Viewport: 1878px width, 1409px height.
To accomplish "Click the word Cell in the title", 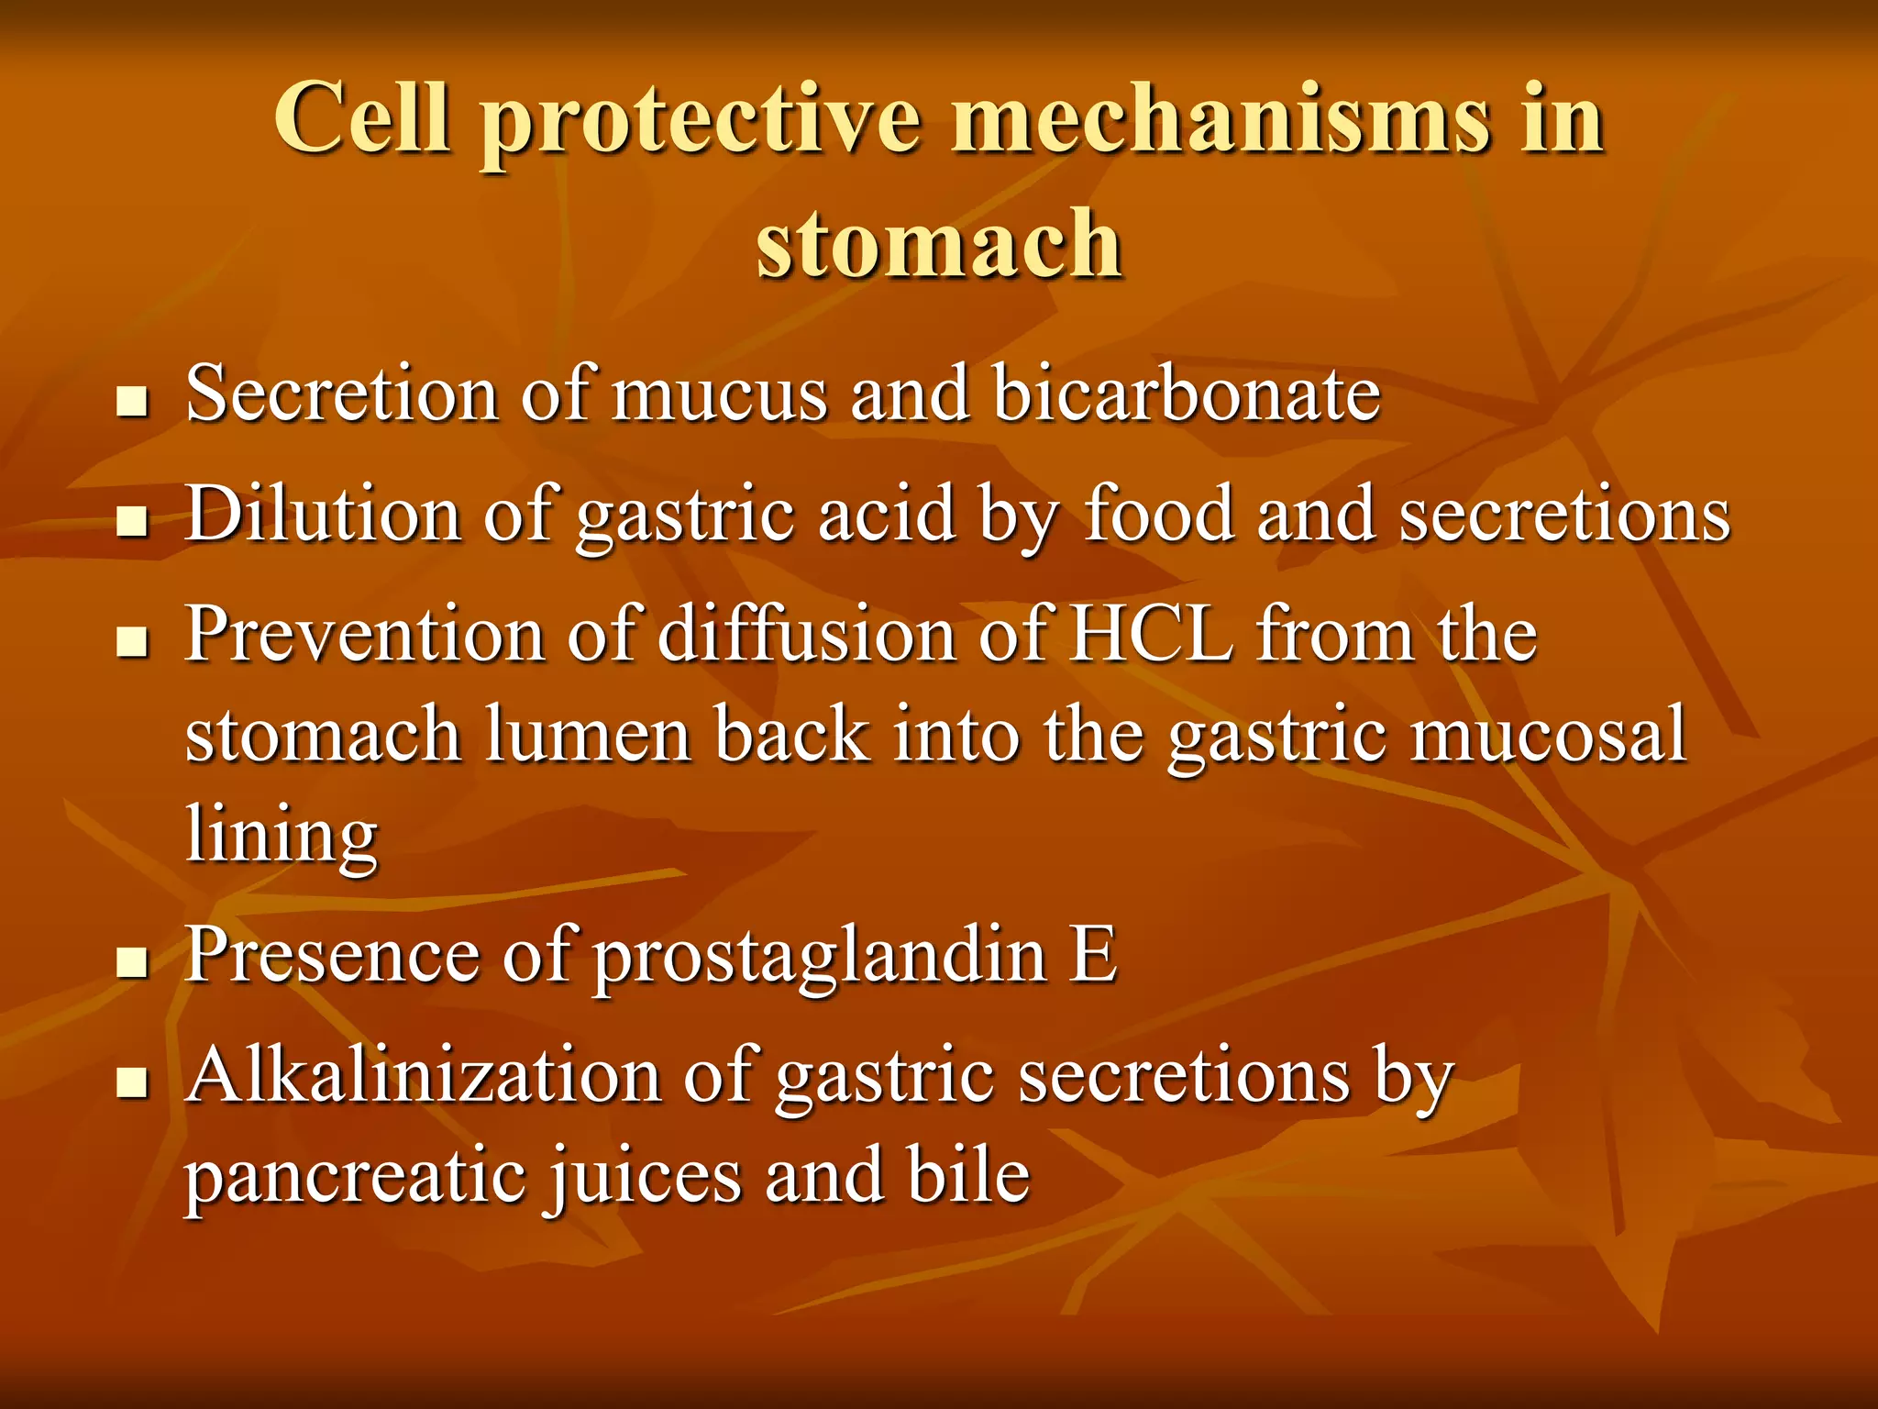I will click(x=362, y=119).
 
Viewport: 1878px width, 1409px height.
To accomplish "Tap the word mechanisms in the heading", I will click(x=1220, y=119).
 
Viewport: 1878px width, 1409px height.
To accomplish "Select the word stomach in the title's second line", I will click(x=939, y=243).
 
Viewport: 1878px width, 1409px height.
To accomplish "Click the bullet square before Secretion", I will click(x=133, y=402).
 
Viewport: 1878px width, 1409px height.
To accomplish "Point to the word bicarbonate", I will click(x=1187, y=394).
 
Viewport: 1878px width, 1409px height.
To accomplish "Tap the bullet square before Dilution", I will click(x=133, y=522).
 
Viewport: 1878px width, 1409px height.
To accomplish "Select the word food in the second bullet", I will click(x=1159, y=514).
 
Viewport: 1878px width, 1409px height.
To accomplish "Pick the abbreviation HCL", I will click(x=1152, y=635).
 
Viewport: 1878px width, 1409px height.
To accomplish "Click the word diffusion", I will click(x=806, y=635).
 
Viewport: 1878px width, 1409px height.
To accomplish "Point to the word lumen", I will click(x=588, y=736).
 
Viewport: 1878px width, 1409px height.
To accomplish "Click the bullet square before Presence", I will click(x=133, y=963).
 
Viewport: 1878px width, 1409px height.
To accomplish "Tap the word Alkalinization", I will click(x=423, y=1075).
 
